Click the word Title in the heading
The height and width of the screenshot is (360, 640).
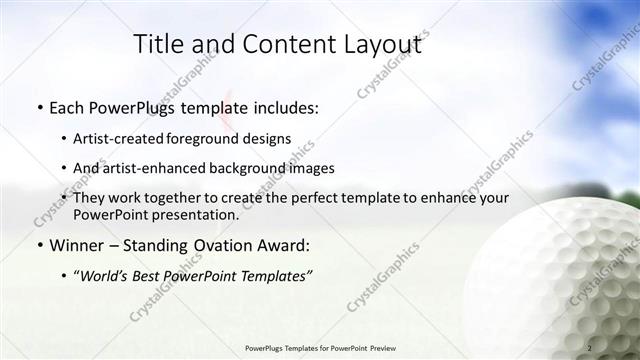157,44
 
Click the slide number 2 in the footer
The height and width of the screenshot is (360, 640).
590,347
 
